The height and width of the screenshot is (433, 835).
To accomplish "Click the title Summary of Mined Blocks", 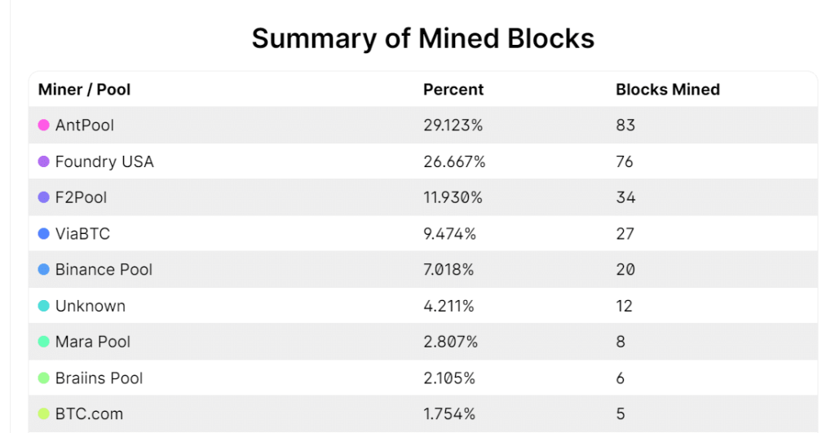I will click(422, 38).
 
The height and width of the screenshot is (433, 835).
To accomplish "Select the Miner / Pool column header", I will click(84, 90).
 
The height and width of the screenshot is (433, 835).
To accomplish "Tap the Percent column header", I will click(453, 90).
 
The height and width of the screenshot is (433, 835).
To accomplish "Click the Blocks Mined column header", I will click(667, 90).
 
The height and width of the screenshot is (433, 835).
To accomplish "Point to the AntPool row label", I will click(84, 126).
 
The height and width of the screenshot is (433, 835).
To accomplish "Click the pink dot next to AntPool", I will click(44, 126).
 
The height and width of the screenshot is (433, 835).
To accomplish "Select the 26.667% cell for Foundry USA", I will click(454, 161).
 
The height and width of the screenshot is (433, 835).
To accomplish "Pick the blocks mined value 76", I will click(625, 161).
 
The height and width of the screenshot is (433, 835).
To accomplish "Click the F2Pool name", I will click(81, 197).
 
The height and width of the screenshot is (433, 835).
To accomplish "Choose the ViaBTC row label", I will click(82, 234).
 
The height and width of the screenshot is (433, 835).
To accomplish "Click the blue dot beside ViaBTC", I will click(44, 234).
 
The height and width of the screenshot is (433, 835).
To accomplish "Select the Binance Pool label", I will click(104, 270).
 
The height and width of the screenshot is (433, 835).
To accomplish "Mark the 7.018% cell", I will click(450, 270).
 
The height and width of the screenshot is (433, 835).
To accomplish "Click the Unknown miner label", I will click(90, 306).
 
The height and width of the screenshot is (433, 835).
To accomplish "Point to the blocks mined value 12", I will click(625, 306).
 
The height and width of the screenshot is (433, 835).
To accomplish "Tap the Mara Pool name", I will click(92, 342).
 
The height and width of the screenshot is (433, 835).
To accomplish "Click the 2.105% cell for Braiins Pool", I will click(449, 378).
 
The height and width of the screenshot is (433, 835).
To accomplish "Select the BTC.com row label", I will click(89, 414).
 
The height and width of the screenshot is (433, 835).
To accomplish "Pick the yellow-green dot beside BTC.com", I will click(44, 414).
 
